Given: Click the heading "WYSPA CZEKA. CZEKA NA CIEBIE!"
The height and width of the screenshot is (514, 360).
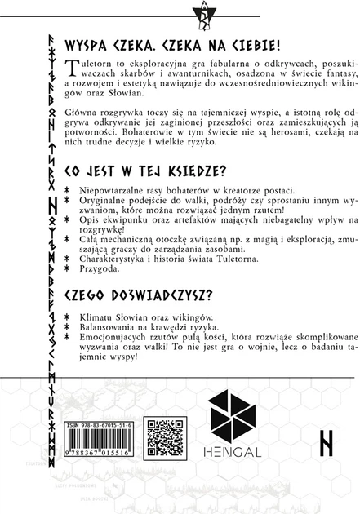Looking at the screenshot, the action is pos(183,40).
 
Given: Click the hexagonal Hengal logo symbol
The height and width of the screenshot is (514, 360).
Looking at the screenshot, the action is pos(235,417).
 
